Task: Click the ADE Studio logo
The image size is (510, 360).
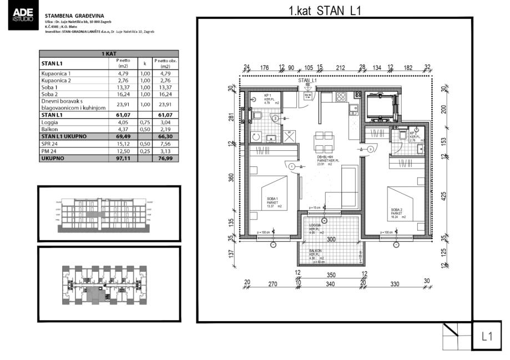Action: pyautogui.click(x=22, y=17)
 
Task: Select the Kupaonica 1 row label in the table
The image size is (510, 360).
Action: pyautogui.click(x=56, y=73)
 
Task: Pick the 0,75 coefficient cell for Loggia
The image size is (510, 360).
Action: pyautogui.click(x=145, y=123)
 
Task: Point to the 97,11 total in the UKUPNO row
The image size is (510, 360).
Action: pyautogui.click(x=123, y=158)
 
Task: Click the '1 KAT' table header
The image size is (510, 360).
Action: pyautogui.click(x=108, y=54)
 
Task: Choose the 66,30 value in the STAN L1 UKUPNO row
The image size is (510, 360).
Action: pyautogui.click(x=164, y=136)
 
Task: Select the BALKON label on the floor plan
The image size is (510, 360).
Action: pyautogui.click(x=317, y=251)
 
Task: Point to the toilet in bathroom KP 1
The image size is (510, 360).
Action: pyautogui.click(x=259, y=115)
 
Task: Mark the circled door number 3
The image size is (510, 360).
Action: pyautogui.click(x=370, y=149)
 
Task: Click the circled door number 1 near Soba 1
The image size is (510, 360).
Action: pyautogui.click(x=291, y=165)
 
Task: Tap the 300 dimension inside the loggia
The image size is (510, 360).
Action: pyautogui.click(x=331, y=239)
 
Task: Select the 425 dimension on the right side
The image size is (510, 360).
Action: pyautogui.click(x=443, y=195)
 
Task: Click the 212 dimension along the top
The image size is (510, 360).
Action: pyautogui.click(x=340, y=68)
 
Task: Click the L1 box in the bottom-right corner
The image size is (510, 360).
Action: pyautogui.click(x=487, y=336)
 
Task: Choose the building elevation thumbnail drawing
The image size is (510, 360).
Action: pyautogui.click(x=109, y=214)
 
